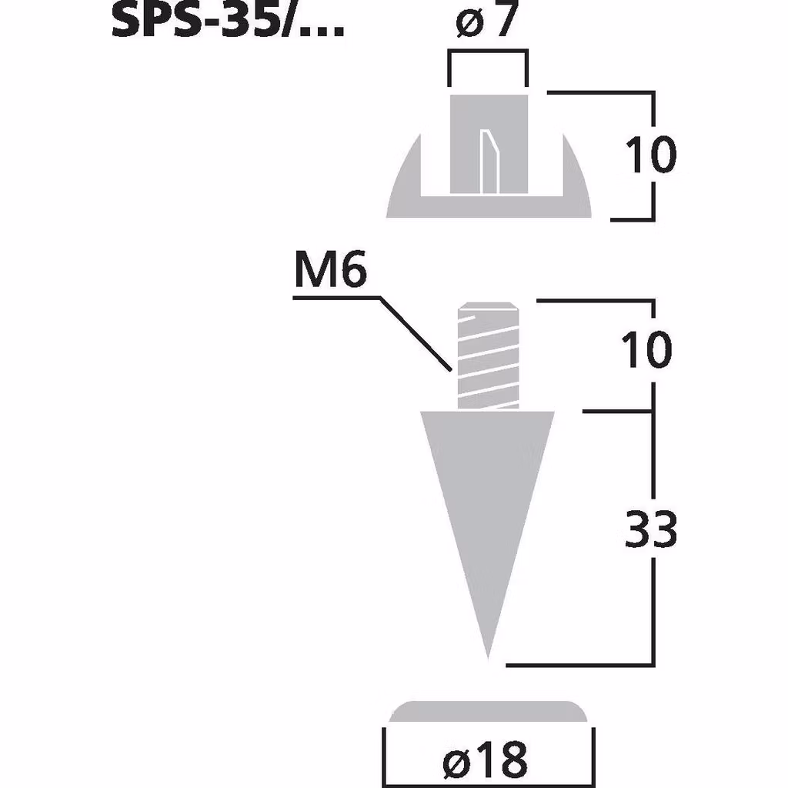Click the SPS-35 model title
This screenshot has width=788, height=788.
tap(228, 20)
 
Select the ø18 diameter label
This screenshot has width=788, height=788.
tap(486, 760)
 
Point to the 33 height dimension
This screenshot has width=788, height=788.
tap(651, 531)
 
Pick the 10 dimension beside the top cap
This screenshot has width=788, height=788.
tap(651, 155)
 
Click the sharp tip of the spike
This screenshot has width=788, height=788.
tap(487, 656)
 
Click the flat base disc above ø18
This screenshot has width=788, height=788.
tap(489, 712)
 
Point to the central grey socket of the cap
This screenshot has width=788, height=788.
tap(466, 142)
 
